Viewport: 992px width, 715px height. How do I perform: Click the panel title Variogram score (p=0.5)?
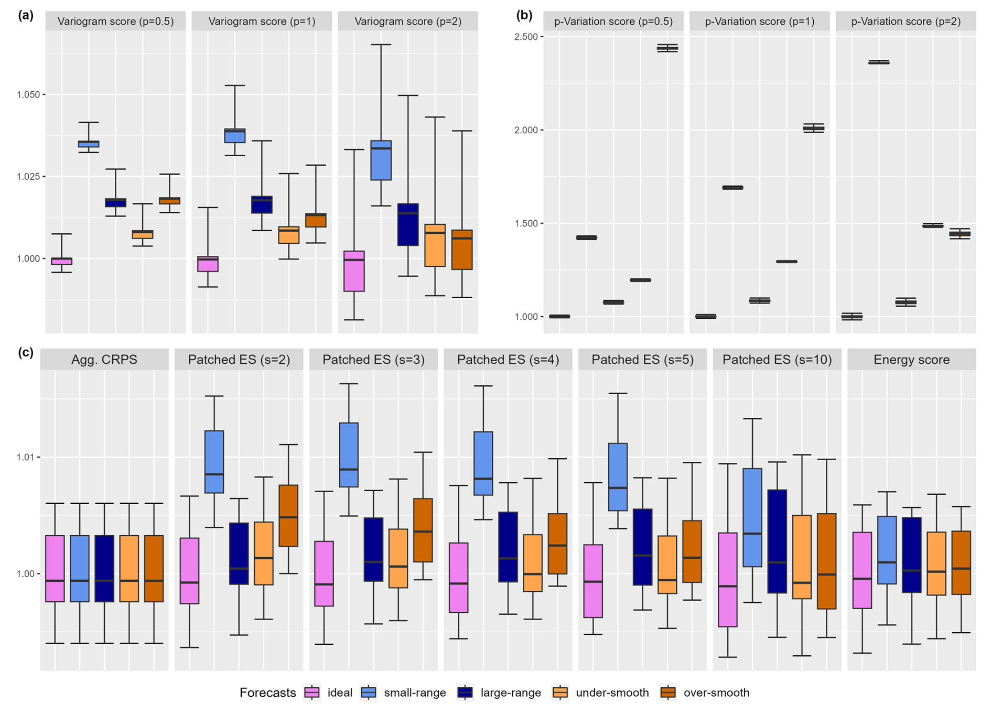[x=115, y=21]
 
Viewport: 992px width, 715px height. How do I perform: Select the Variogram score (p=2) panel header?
[x=408, y=21]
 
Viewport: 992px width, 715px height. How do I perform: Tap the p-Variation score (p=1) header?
[x=759, y=21]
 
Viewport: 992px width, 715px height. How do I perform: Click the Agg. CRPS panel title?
[x=104, y=360]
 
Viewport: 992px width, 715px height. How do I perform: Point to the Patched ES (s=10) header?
[x=777, y=360]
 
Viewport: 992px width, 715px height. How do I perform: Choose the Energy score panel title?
[x=911, y=360]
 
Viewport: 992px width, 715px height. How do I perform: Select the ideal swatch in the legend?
[x=312, y=692]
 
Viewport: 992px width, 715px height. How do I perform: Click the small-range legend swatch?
[x=369, y=692]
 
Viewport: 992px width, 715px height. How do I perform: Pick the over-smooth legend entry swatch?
[x=668, y=692]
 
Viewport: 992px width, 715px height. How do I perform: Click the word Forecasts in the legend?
[x=267, y=692]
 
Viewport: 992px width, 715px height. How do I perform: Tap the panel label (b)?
[x=524, y=15]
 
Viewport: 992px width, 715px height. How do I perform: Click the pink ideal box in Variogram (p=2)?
[x=354, y=271]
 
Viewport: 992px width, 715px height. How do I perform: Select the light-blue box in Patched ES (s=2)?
[x=214, y=461]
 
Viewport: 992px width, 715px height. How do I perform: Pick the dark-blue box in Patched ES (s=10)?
[x=777, y=541]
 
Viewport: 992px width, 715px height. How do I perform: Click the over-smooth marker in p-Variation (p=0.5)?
[x=667, y=48]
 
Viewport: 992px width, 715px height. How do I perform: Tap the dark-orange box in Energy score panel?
[x=961, y=562]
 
